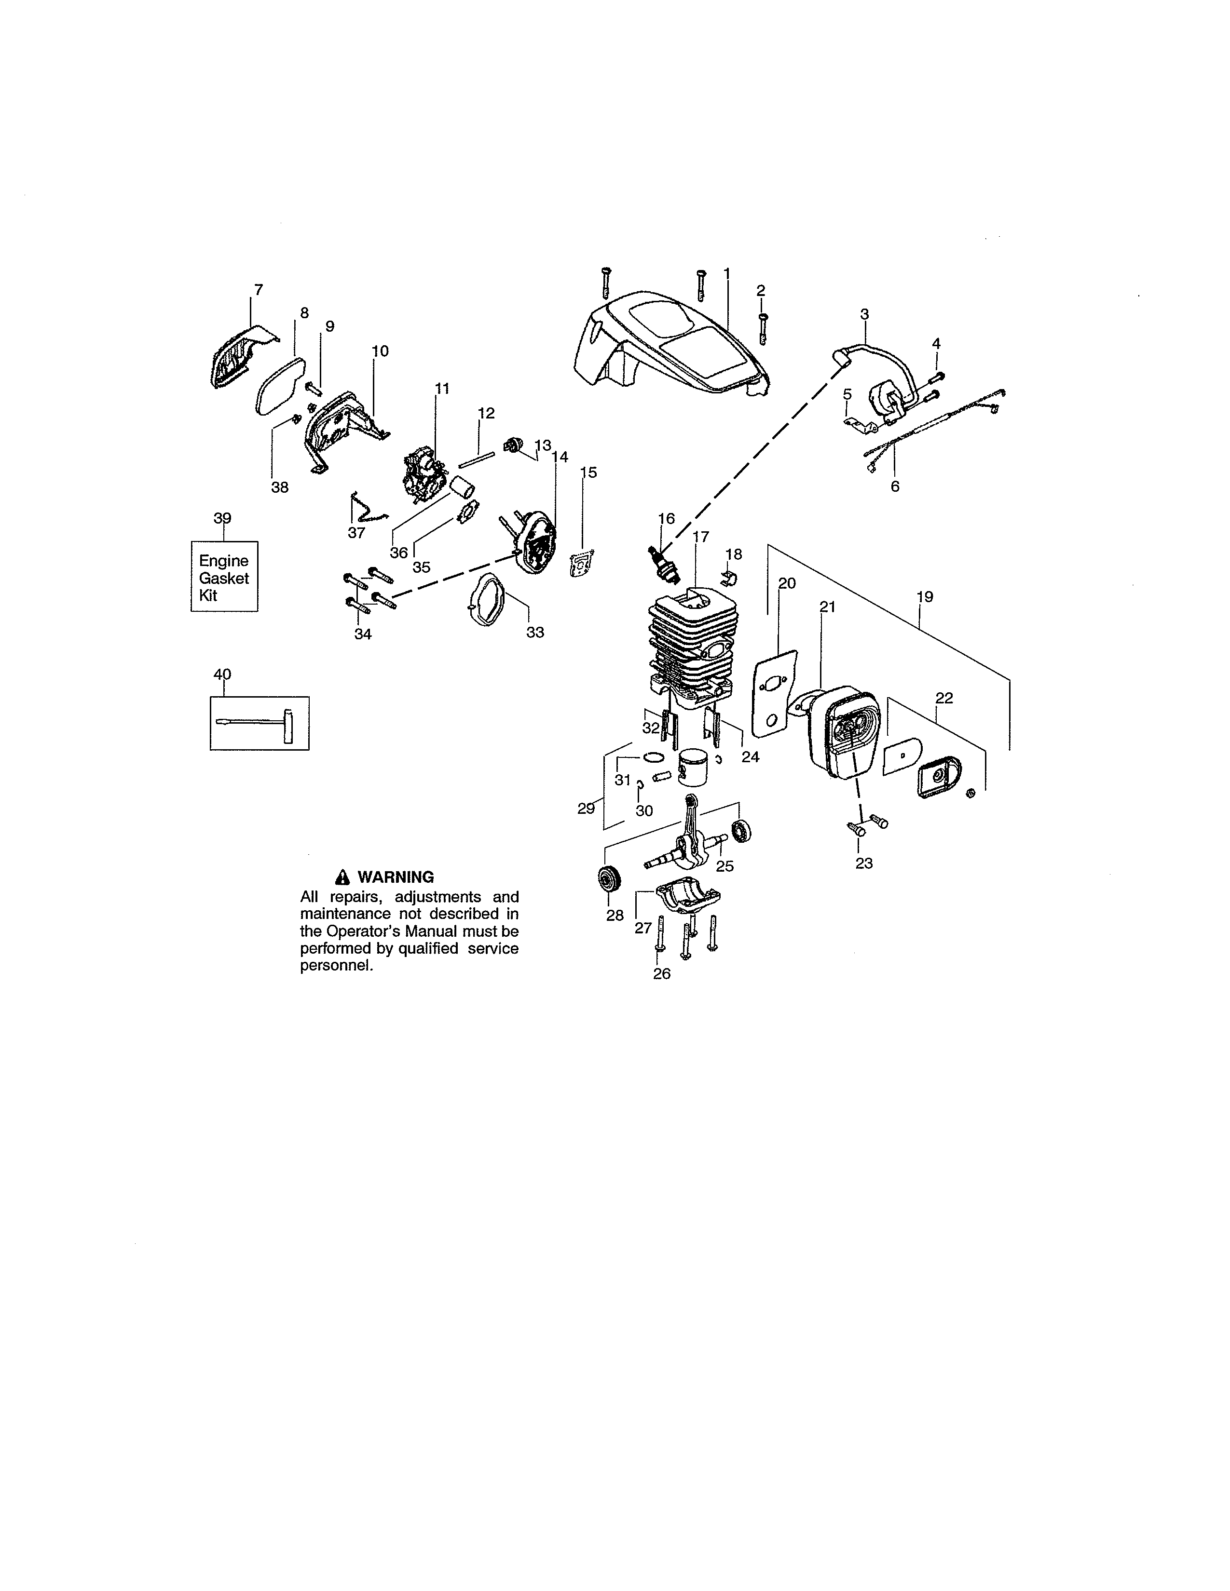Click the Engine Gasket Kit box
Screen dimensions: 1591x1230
(x=224, y=578)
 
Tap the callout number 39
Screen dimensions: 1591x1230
(x=222, y=518)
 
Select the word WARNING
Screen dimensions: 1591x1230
(x=395, y=877)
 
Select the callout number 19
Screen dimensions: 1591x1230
(x=924, y=597)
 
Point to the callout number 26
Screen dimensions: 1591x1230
(x=662, y=974)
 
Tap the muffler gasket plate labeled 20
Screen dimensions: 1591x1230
(x=774, y=692)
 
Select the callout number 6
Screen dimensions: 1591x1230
(x=895, y=486)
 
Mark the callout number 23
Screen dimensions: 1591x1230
(x=863, y=863)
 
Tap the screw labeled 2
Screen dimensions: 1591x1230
(x=762, y=329)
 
